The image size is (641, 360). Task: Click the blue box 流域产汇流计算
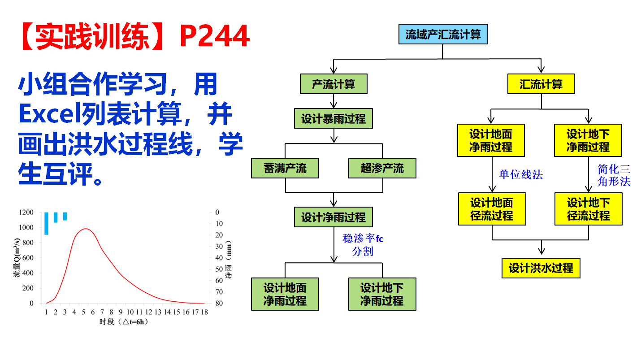443,35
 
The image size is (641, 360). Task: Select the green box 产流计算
333,84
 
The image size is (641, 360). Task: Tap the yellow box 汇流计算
541,84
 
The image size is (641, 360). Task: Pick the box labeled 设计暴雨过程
333,119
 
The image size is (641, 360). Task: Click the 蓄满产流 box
285,168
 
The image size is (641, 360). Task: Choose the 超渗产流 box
382,168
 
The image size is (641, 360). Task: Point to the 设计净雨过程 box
333,217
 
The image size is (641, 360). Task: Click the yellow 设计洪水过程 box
541,268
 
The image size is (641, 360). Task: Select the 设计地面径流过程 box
492,209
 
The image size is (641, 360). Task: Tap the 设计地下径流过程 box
589,209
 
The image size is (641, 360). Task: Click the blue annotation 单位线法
521,174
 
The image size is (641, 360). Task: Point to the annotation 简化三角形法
614,175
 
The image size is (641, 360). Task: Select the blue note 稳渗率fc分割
363,245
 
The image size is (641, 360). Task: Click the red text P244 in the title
214,36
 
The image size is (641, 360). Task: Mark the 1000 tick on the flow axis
26,228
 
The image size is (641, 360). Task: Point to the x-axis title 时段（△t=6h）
124,322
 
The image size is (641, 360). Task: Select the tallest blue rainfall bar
46,223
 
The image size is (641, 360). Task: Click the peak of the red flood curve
85,229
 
